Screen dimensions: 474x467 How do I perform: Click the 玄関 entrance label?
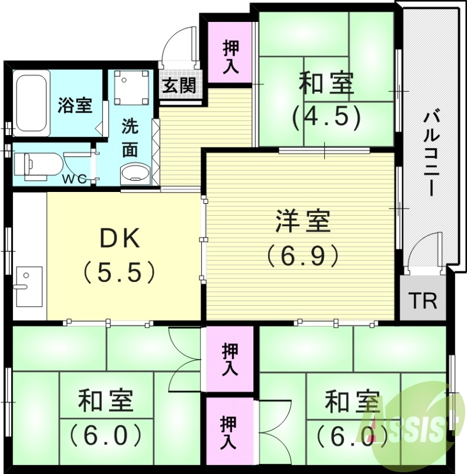coord(179,85)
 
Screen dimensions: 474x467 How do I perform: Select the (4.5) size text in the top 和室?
coord(327,117)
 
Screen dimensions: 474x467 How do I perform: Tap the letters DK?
coord(120,238)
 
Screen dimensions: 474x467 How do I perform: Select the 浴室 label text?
coord(75,106)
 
